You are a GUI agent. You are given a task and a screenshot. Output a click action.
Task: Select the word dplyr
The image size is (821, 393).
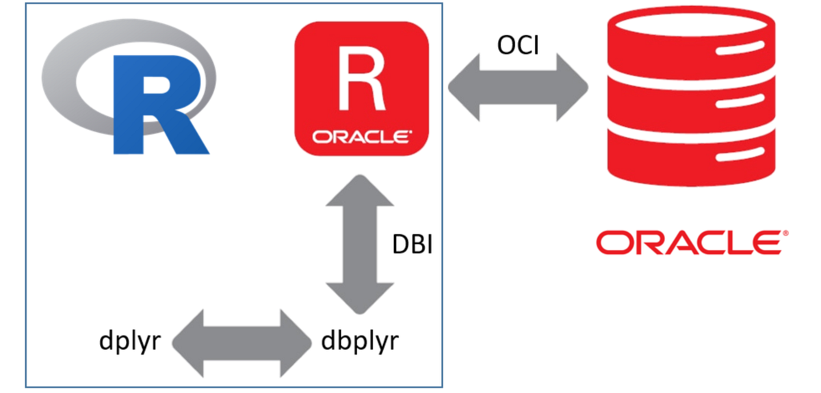[x=129, y=340]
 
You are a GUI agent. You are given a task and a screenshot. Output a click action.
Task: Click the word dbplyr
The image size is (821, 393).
[x=359, y=340]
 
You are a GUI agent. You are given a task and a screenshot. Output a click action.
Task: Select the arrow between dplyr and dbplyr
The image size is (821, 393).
[x=239, y=342]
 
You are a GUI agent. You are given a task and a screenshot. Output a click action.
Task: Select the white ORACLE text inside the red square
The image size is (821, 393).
[x=361, y=137]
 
